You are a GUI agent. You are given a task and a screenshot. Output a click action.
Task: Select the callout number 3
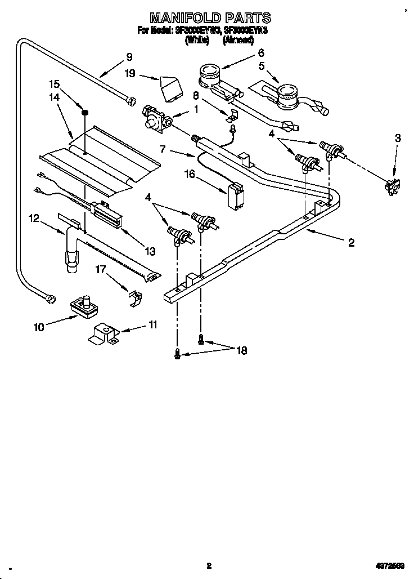(398, 138)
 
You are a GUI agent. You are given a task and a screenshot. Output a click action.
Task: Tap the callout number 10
(39, 327)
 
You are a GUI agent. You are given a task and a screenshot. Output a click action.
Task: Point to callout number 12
(34, 219)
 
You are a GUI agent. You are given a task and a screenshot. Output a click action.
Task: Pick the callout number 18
(241, 350)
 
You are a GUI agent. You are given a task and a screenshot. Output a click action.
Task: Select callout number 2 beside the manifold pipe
(351, 243)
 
